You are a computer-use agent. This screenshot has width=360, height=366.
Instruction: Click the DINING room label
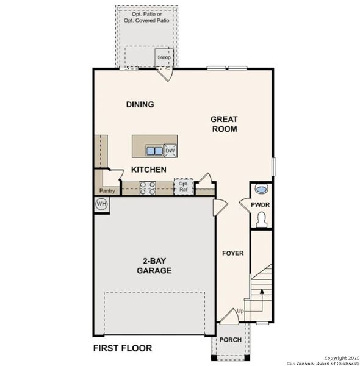140,104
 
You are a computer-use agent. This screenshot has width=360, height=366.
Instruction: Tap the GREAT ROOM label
224,124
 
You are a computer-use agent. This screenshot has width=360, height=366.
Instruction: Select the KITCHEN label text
148,169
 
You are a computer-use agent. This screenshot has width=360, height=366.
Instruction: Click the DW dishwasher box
170,151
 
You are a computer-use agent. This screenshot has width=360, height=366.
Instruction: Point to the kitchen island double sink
154,151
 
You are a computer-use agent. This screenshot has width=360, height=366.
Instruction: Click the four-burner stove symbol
148,188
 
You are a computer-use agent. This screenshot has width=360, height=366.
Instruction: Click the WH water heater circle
102,204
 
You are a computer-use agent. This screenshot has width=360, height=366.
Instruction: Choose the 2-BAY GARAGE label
154,265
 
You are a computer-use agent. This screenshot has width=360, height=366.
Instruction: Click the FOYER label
232,253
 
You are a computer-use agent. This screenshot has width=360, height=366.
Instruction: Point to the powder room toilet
262,219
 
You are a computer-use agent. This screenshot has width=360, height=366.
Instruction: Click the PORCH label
231,340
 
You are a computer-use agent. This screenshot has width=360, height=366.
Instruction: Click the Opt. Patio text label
147,16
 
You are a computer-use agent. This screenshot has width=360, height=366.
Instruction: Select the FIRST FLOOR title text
123,348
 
